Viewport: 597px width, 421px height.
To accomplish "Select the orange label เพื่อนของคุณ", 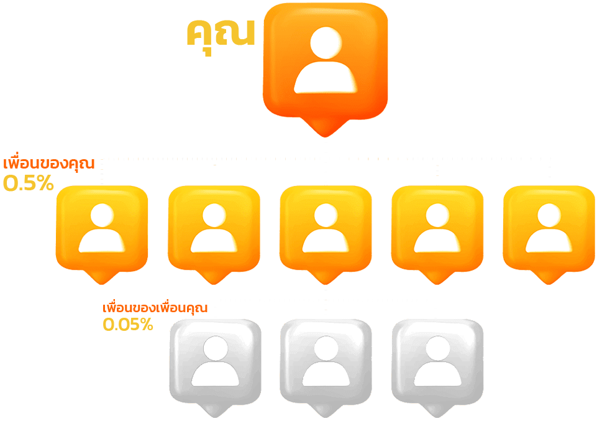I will (49, 164).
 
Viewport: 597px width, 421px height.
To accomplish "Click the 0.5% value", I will (29, 183).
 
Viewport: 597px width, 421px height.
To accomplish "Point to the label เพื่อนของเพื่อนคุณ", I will (155, 308).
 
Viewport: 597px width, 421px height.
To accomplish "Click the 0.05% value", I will (127, 324).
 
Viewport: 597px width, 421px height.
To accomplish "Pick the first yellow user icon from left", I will (102, 228).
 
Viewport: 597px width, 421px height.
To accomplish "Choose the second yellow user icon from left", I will (214, 228).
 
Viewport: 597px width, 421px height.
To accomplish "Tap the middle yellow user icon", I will (326, 228).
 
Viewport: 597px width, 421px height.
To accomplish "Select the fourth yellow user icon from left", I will (437, 228).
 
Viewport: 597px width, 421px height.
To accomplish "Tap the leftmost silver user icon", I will (215, 361).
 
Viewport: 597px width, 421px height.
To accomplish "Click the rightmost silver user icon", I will (437, 361).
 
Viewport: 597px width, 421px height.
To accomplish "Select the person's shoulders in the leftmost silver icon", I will (215, 374).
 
